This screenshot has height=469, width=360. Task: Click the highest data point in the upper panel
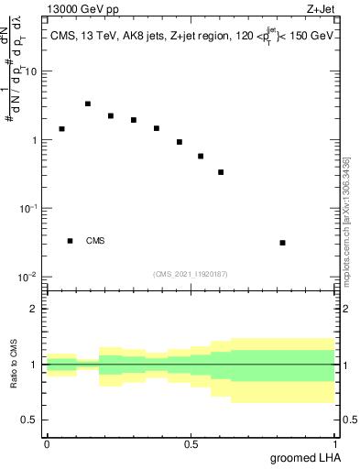(88, 104)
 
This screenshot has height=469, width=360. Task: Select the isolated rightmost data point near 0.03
(282, 243)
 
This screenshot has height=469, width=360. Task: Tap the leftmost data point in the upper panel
(61, 129)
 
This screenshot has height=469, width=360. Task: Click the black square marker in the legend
(70, 241)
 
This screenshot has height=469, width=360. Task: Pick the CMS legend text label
(95, 241)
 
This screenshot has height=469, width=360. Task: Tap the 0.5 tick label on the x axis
(191, 444)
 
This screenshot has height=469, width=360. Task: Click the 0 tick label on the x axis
(47, 444)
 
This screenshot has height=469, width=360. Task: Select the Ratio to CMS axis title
(14, 364)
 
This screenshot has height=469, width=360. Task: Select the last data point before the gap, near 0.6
(221, 172)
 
